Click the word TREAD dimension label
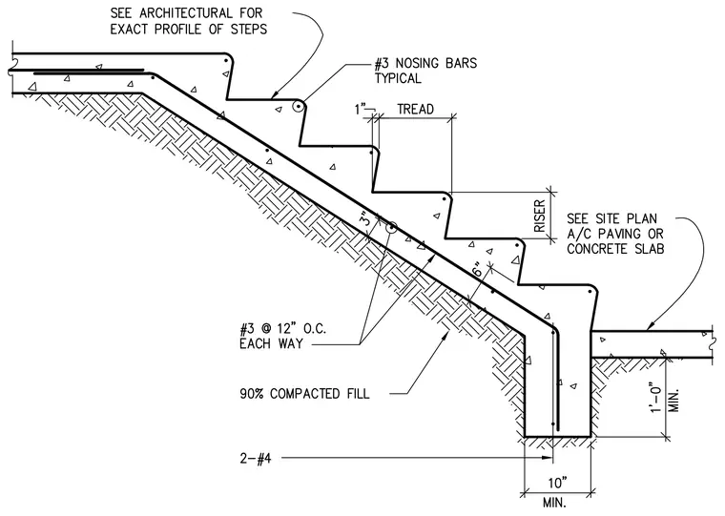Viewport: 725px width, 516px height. tap(415, 109)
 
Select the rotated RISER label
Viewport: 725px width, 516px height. tap(540, 216)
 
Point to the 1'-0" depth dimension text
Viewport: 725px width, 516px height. tap(656, 397)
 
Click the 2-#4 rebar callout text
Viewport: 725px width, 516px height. tap(256, 458)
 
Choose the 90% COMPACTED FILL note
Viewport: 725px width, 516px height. tap(304, 394)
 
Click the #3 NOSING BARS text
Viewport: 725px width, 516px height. tap(425, 63)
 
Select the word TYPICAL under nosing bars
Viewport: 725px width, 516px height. tap(398, 78)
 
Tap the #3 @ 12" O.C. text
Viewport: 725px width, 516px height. tap(283, 329)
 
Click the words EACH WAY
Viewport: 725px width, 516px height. tap(272, 343)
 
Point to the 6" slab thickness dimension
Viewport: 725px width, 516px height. tap(480, 269)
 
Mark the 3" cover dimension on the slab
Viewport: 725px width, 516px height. tap(365, 218)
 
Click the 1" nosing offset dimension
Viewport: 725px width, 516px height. tap(360, 109)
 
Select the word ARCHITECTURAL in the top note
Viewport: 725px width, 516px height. tap(185, 13)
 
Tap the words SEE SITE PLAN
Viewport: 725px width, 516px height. tap(611, 218)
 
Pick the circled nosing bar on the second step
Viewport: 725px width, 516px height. tap(299, 107)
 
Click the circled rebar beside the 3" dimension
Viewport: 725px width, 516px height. tap(392, 227)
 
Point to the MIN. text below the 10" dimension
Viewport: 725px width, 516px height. tap(553, 502)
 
